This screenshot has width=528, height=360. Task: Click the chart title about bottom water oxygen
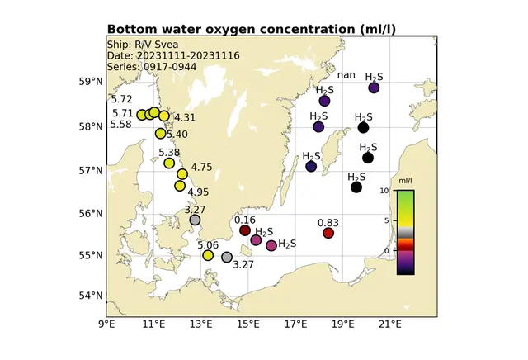coord(251,30)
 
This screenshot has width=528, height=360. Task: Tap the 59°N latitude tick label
coord(90,82)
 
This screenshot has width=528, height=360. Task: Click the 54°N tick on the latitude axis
coord(90,296)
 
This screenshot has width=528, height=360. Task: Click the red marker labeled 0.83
coord(328,233)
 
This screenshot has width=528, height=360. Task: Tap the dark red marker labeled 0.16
coord(245,230)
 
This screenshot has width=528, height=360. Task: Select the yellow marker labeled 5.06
coord(208,255)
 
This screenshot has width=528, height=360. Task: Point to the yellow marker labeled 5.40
coord(161,133)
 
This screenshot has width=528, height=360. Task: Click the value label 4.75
coord(201,168)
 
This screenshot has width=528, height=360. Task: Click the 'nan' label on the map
coord(346,75)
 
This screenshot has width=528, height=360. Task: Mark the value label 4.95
coord(198,192)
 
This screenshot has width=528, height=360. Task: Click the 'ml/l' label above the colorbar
coord(405,180)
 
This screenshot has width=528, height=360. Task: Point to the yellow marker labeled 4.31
coord(164,116)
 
